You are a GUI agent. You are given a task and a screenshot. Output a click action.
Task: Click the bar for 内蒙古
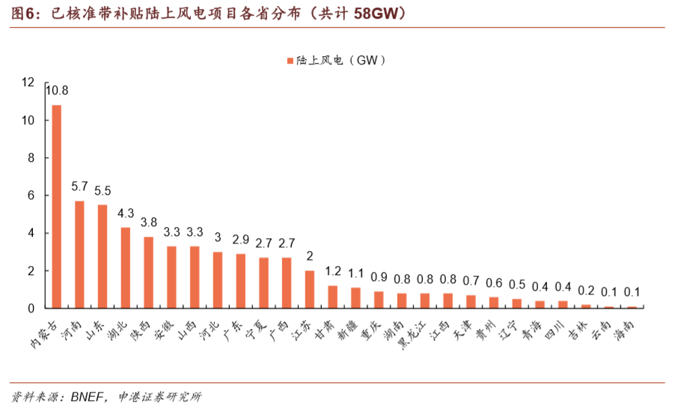[56, 206]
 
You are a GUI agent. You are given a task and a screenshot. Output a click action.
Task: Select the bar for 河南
[79, 254]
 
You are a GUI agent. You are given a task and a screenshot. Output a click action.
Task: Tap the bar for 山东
[103, 256]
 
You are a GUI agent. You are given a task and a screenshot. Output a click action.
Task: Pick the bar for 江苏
[310, 289]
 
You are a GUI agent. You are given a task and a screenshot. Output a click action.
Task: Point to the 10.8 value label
[57, 91]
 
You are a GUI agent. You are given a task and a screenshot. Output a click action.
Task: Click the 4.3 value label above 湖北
[126, 213]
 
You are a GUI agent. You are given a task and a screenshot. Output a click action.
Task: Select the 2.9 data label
[241, 240]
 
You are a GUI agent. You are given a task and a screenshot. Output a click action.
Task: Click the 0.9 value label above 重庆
[379, 278]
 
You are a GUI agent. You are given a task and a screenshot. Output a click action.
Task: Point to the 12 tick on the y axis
[28, 82]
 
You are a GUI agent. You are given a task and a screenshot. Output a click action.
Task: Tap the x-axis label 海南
[626, 327]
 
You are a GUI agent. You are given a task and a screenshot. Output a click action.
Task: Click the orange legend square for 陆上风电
[290, 61]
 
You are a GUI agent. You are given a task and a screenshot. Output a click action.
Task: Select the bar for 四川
[563, 304]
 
